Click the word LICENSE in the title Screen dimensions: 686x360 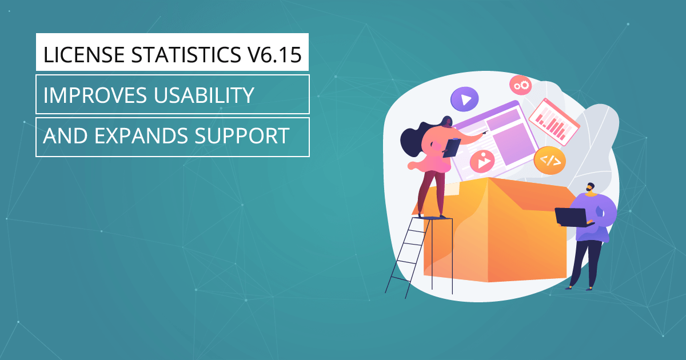pos(83,55)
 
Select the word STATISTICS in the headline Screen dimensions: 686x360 pos(186,55)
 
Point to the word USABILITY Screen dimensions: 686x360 pos(204,95)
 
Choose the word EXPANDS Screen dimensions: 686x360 pos(141,135)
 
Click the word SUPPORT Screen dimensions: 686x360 pos(242,135)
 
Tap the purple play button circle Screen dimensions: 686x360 pos(465,99)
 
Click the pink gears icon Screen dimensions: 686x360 pos(521,85)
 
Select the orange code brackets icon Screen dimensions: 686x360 pos(550,161)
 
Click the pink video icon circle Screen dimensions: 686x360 pos(482,161)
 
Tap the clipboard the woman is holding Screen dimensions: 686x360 pos(452,148)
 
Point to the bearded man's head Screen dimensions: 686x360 pos(591,187)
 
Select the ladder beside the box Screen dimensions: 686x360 pos(419,257)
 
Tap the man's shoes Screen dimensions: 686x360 pos(579,288)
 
